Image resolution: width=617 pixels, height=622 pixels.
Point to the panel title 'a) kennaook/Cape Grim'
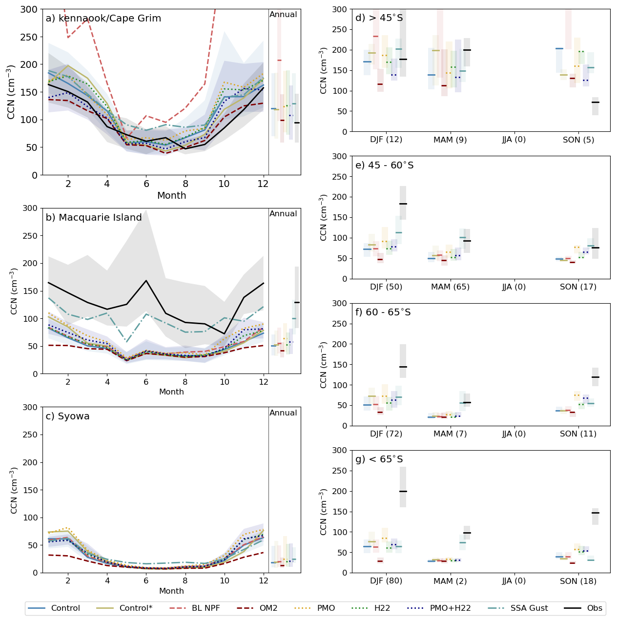103,19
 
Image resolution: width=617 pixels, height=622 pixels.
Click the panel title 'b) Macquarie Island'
94,218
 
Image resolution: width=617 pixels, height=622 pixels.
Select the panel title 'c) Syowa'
67,416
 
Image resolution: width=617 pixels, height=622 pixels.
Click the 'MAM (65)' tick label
450,287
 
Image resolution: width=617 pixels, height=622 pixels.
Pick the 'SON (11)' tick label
578,434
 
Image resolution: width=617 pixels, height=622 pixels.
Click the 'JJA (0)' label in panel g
514,581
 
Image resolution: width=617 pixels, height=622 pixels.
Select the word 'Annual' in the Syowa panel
283,413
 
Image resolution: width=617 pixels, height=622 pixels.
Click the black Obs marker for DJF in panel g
403,491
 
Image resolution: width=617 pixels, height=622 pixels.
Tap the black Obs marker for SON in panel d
595,102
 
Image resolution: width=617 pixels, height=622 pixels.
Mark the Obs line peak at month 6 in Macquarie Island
146,281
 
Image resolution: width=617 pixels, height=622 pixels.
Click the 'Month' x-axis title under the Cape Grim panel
171,196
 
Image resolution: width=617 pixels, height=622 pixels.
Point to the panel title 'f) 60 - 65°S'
383,312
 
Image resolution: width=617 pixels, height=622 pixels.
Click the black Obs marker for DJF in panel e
403,204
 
